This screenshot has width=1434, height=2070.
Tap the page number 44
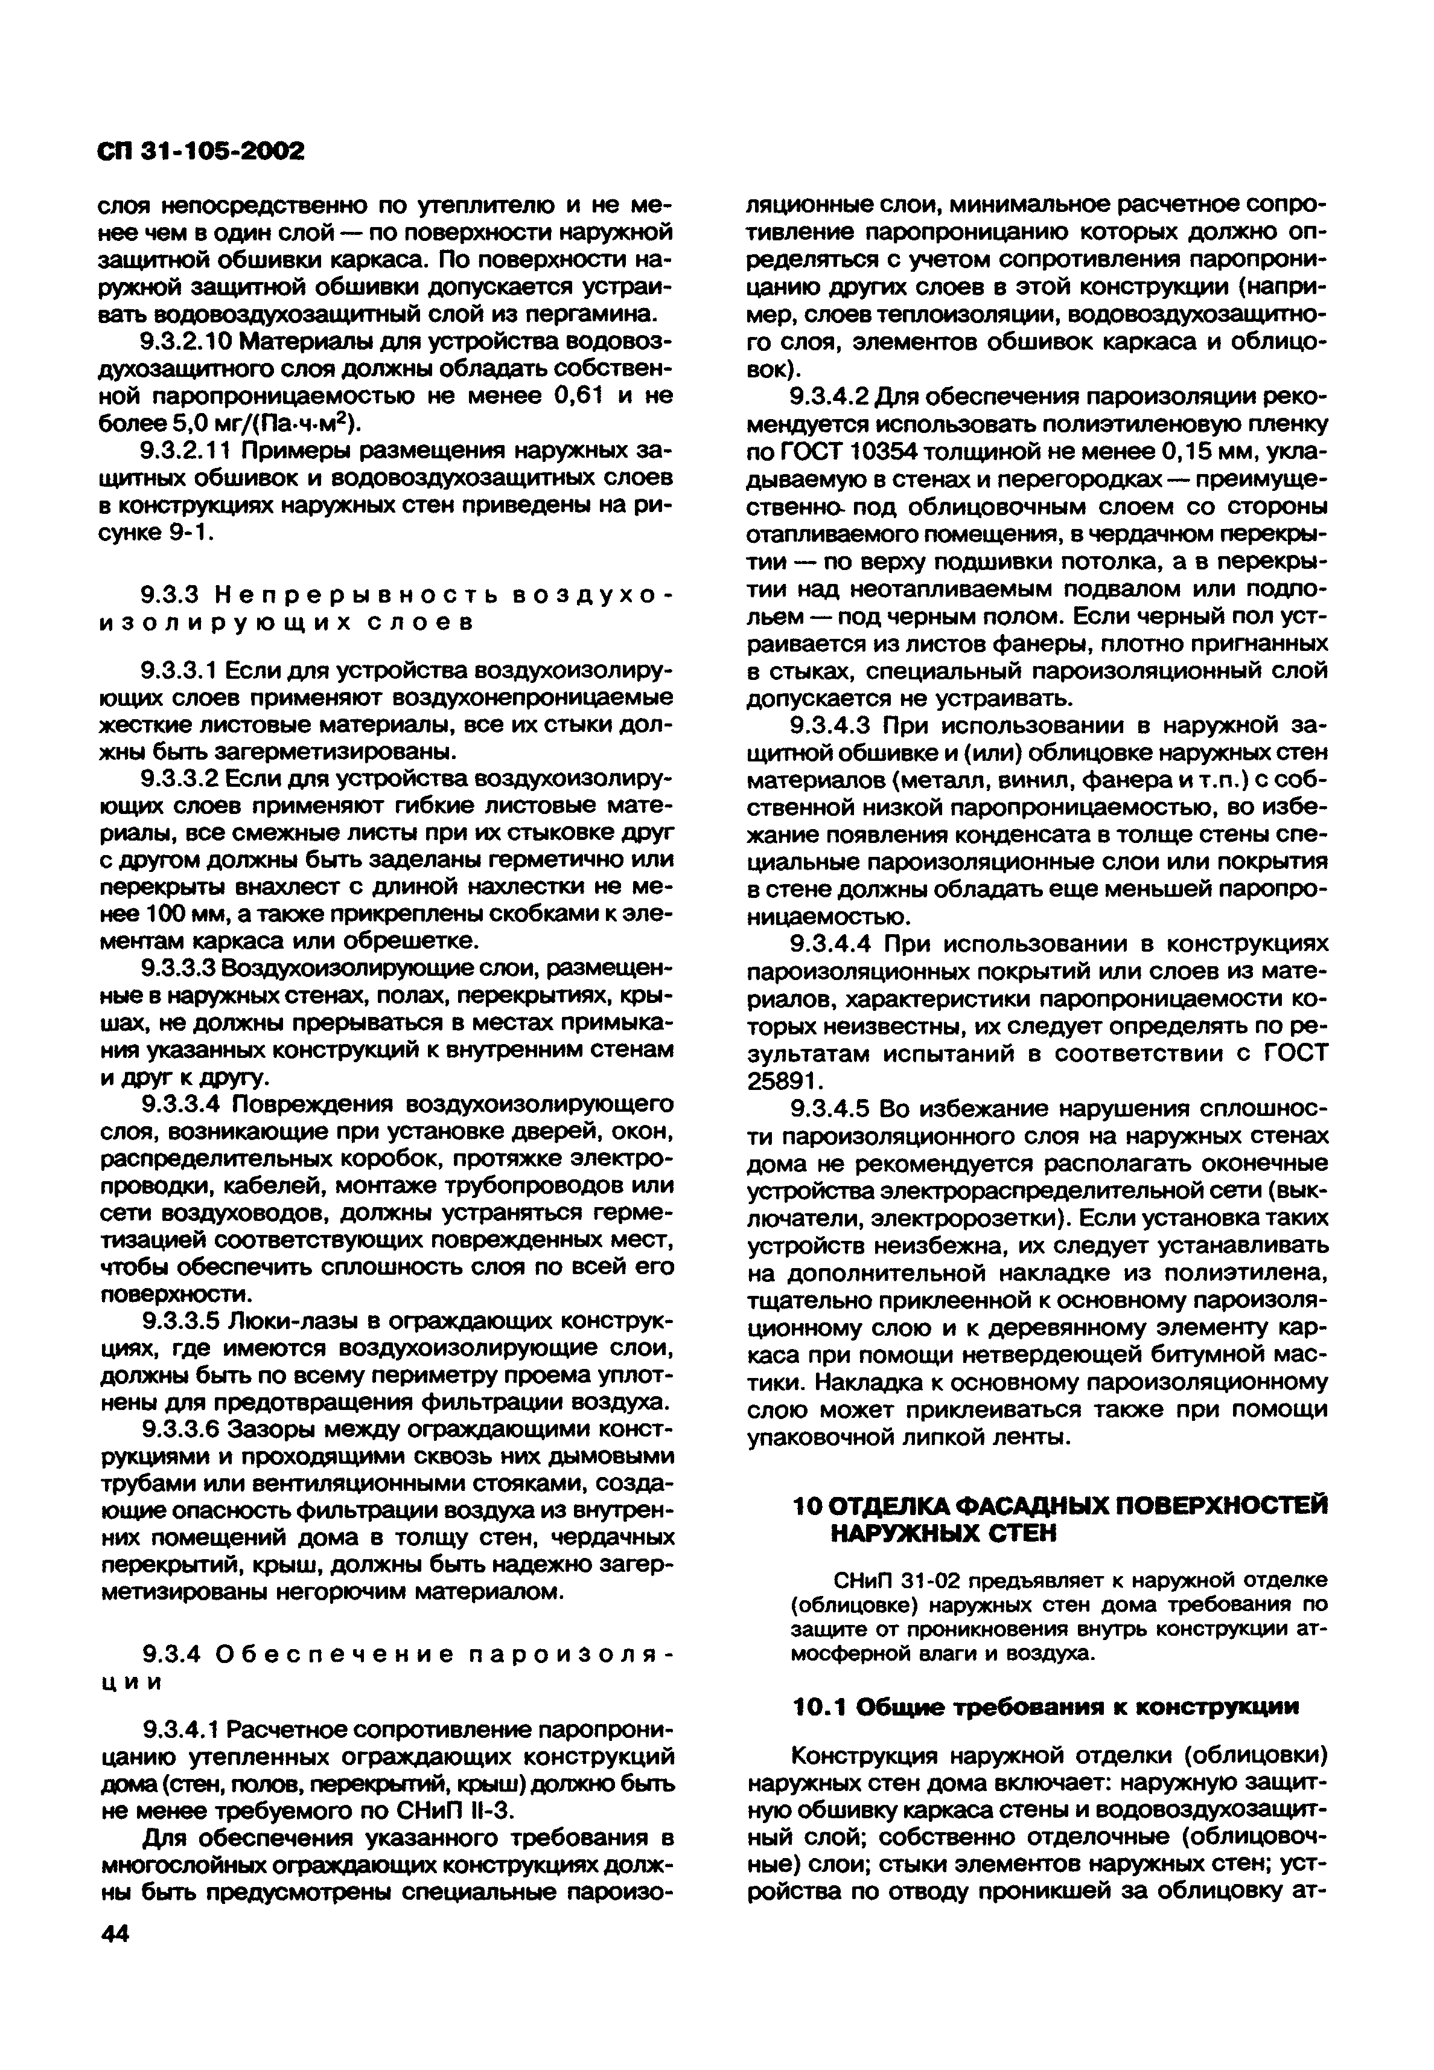(115, 1932)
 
